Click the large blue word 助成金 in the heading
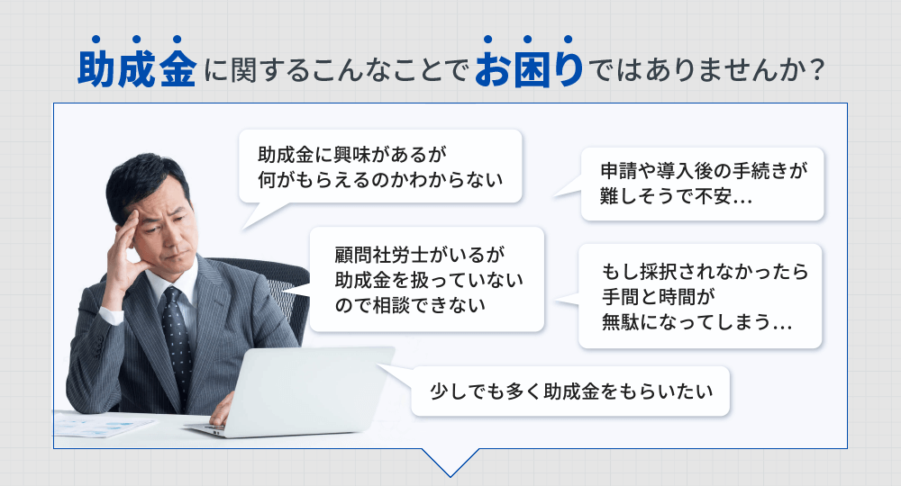click(136, 70)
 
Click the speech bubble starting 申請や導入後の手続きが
click(702, 184)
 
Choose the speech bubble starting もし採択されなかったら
click(699, 296)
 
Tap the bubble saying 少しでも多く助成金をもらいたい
click(570, 391)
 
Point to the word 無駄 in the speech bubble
click(622, 321)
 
